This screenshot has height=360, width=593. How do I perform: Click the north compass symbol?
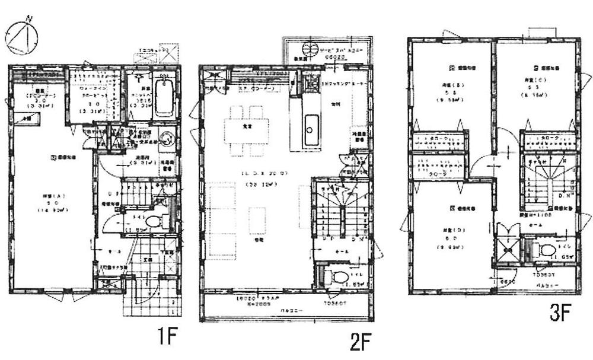click(21, 37)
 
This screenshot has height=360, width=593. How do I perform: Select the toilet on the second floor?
click(339, 276)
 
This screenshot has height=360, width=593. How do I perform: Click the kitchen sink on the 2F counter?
click(311, 125)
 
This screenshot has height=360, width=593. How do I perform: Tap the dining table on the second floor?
click(246, 130)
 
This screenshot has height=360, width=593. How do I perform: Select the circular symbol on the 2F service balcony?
click(311, 48)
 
